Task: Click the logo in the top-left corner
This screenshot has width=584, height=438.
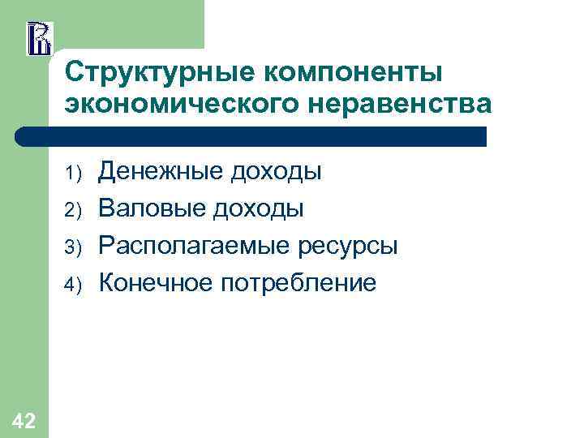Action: (39, 38)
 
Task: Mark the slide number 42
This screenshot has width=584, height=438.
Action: (24, 419)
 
